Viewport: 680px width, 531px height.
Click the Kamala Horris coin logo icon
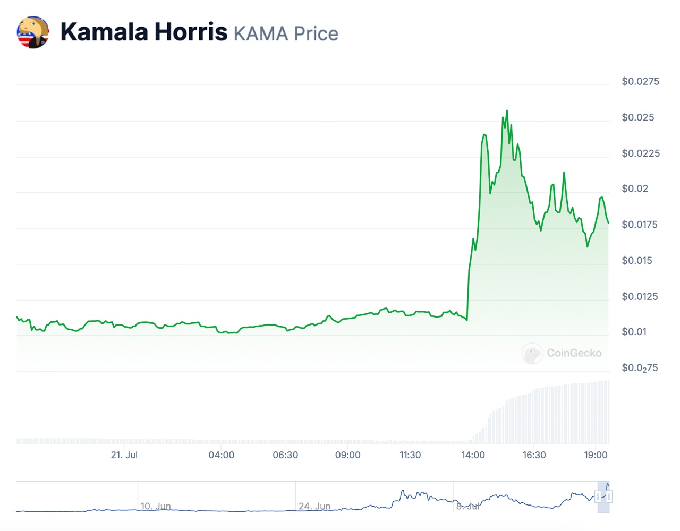(33, 32)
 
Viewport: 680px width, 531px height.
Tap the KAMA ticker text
(261, 34)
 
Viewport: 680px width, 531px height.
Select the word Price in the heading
(316, 34)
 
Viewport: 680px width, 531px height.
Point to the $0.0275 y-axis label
(640, 81)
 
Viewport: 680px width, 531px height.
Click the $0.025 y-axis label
(637, 117)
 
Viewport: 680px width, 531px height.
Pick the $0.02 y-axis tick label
(635, 189)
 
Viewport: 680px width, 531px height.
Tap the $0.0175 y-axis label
(639, 225)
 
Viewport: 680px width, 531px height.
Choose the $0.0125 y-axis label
(640, 296)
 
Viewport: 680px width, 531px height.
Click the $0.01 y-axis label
(634, 332)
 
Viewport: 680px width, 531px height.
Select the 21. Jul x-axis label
(124, 455)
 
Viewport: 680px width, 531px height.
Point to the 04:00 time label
(221, 455)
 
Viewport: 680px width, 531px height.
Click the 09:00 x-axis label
(347, 455)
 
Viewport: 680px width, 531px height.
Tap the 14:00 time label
(473, 455)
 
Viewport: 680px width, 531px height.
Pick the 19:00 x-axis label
(596, 455)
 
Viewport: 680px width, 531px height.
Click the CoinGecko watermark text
(574, 353)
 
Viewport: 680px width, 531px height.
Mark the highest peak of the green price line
(507, 110)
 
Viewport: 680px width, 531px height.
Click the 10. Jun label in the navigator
(155, 506)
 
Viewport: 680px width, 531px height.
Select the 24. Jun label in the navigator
(314, 506)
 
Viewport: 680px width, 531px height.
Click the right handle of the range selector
(609, 497)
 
